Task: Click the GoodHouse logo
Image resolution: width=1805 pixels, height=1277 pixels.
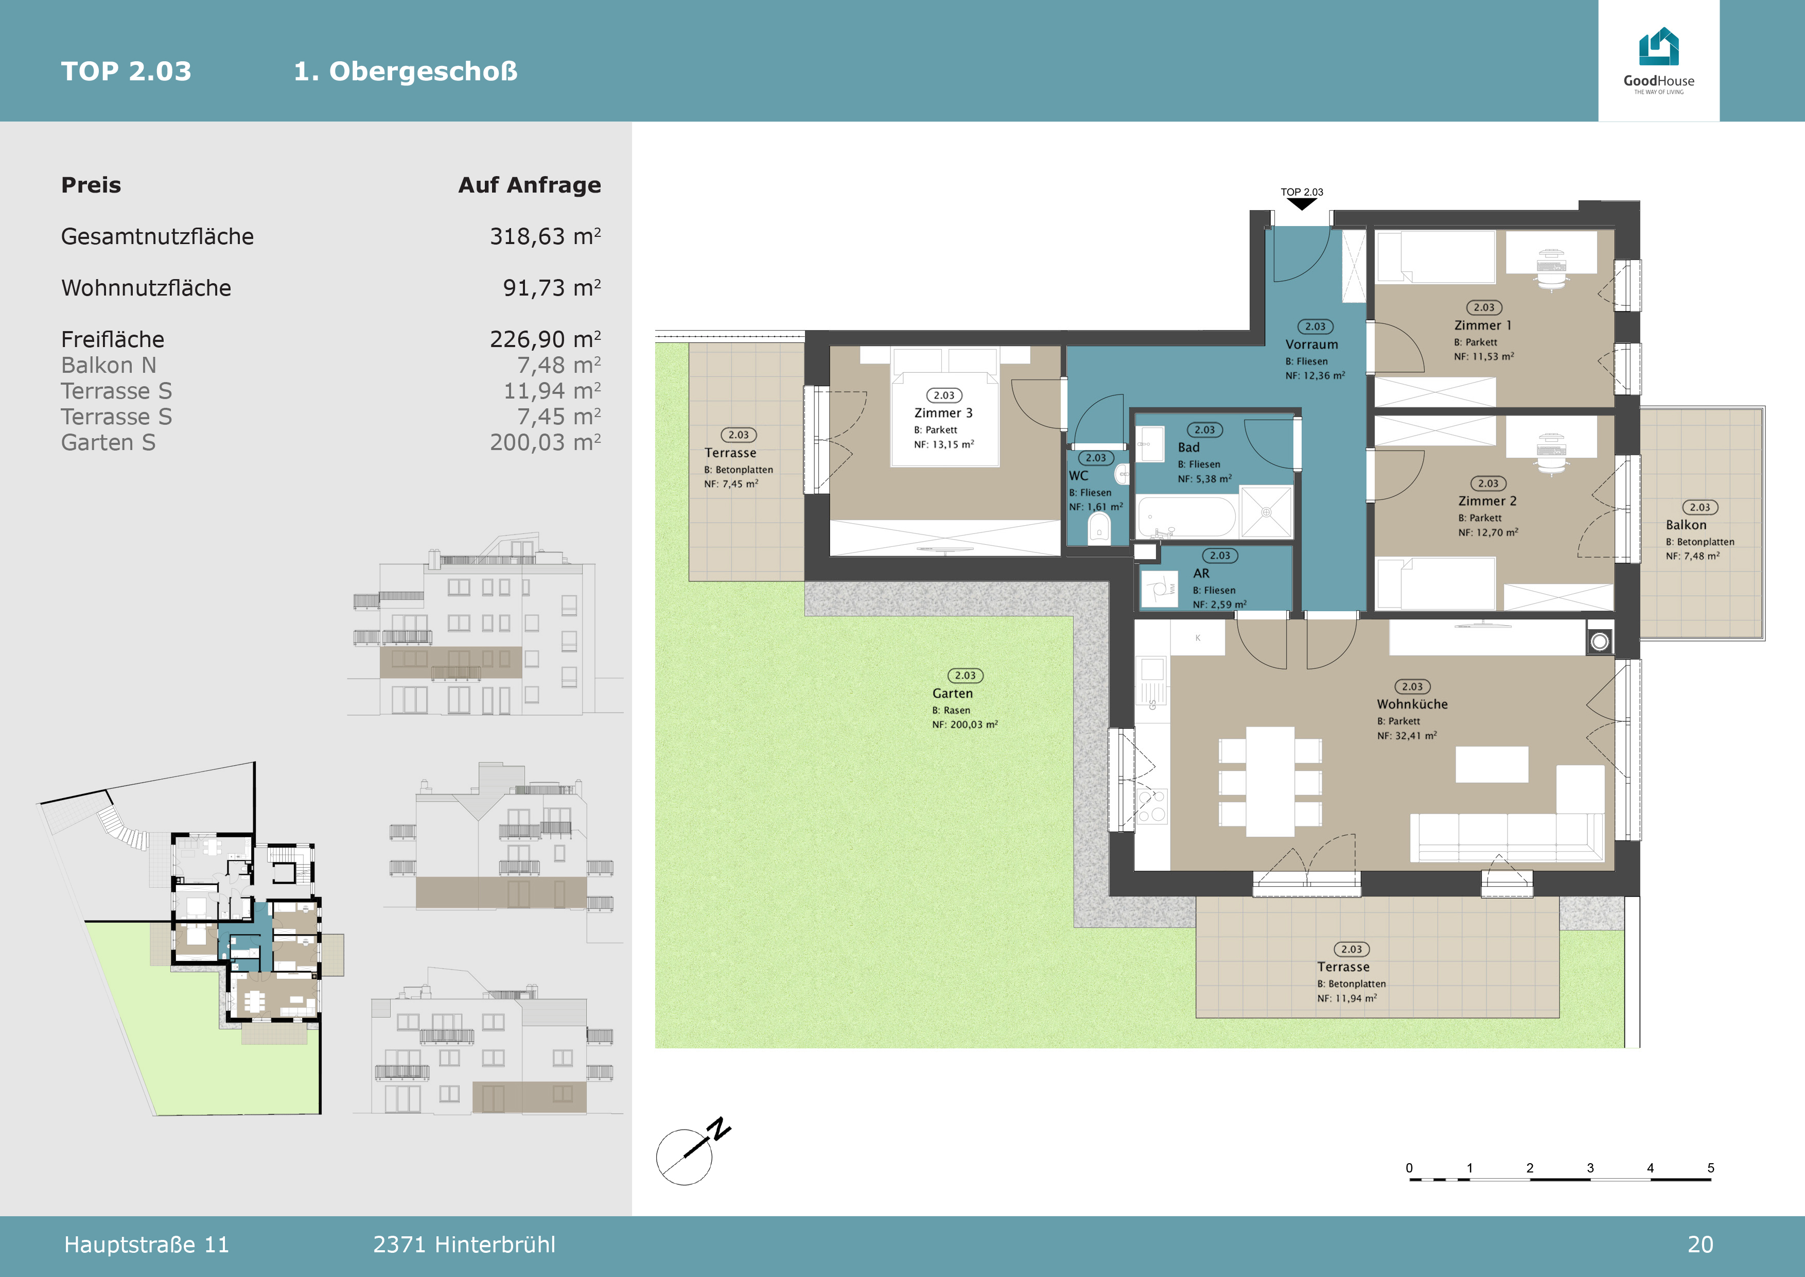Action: (1659, 61)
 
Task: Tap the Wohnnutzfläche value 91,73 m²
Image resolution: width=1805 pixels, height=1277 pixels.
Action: (552, 288)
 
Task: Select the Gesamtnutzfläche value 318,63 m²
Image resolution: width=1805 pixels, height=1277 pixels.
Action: (546, 236)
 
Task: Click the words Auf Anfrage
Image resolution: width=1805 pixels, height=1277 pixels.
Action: (529, 185)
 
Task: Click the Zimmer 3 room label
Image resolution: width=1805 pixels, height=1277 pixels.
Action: (943, 413)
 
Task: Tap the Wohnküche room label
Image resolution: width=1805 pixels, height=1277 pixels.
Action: (1412, 704)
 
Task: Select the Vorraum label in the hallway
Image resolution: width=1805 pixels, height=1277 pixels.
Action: (1311, 344)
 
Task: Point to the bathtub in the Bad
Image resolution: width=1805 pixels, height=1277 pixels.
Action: (1186, 516)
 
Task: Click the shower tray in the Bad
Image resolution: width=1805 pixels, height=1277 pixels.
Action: (1267, 512)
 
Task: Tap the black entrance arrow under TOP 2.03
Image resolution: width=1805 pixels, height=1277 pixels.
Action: (1302, 204)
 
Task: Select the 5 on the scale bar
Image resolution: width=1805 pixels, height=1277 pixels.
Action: (1711, 1168)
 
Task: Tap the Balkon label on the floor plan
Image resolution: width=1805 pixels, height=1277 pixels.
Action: (1686, 525)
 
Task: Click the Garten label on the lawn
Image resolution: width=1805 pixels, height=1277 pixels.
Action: (952, 694)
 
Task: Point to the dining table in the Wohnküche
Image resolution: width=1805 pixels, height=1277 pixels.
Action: (1270, 782)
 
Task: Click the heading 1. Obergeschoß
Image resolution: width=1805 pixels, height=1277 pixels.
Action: (406, 72)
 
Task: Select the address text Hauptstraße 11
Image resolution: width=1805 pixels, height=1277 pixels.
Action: (146, 1245)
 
